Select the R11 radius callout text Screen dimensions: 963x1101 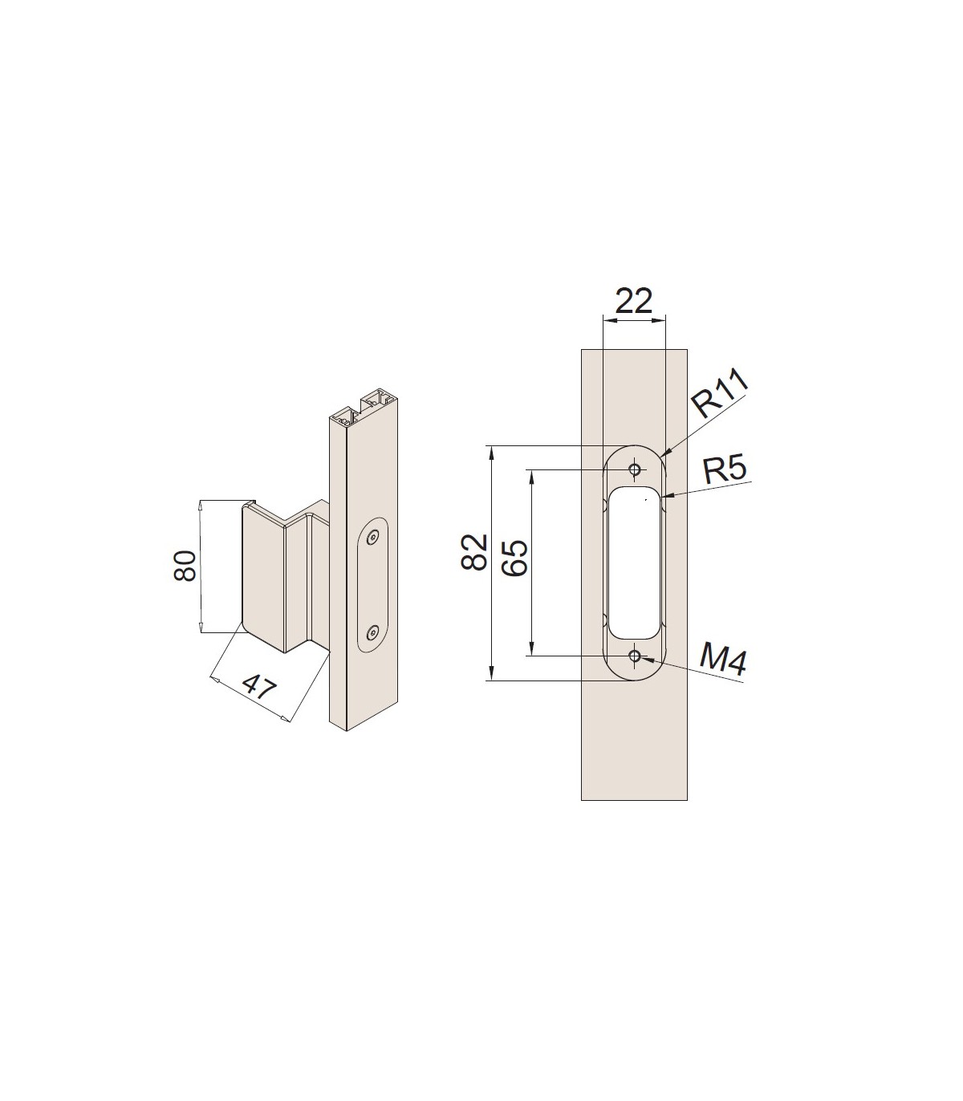coord(719,393)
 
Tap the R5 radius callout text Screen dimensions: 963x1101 coord(725,469)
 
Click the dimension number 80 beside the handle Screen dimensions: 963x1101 coord(185,566)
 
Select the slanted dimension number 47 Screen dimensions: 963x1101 coord(258,689)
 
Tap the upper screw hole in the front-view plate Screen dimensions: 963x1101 coord(636,469)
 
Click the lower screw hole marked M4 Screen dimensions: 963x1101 coord(636,656)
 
